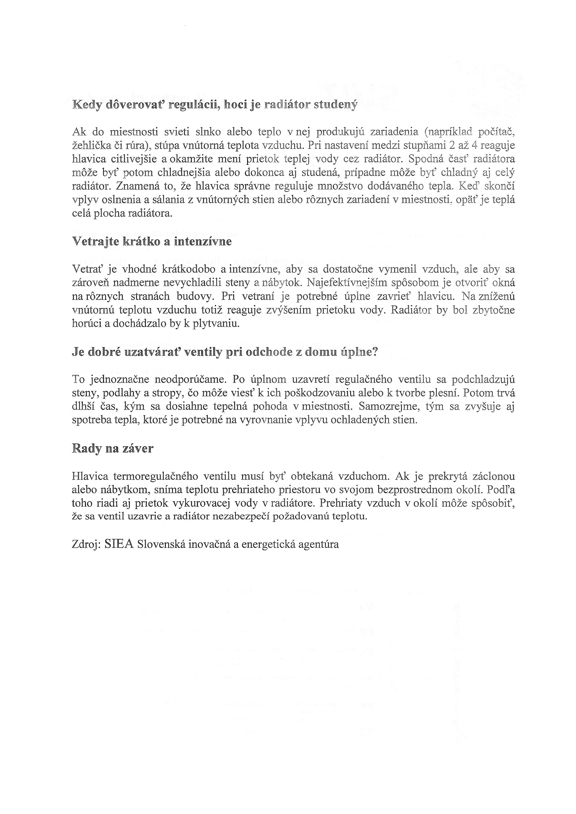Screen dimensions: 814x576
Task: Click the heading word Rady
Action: point(87,449)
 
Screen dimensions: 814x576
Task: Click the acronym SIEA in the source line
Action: point(119,544)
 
